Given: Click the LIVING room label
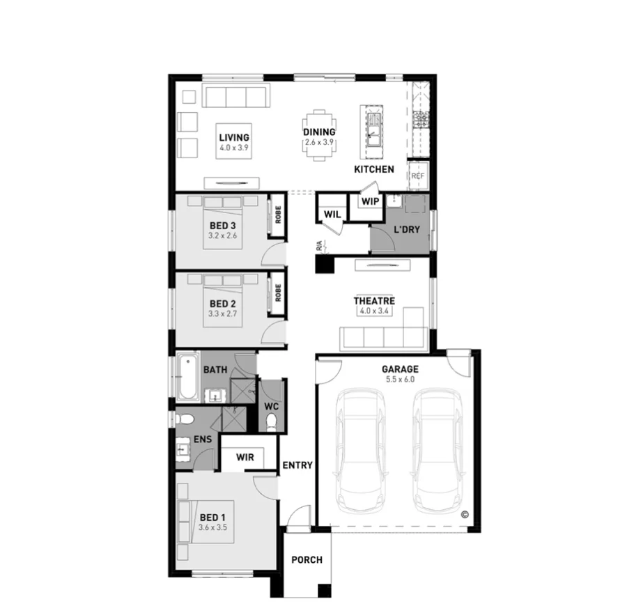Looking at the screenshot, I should (x=233, y=137).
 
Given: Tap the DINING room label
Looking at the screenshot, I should (x=319, y=132).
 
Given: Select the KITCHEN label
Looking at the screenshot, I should (x=373, y=169).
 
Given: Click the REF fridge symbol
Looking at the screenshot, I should (x=417, y=176).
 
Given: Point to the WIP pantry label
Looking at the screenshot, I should (x=369, y=201).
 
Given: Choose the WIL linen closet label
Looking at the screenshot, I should (x=332, y=215).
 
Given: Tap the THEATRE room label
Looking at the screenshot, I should (x=373, y=301).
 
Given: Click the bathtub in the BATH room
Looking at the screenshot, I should (x=186, y=378).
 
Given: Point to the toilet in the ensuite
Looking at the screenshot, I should (x=183, y=420).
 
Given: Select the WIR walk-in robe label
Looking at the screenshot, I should (x=245, y=458).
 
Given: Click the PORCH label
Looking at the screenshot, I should (x=307, y=560).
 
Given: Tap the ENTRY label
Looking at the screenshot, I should (x=297, y=466).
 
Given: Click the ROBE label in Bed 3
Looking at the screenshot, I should (x=277, y=216).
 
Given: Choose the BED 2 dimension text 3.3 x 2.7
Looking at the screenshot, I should (x=223, y=314).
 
